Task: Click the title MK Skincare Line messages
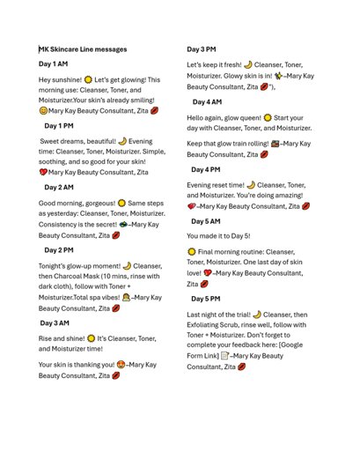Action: (83, 49)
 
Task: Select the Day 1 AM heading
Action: (54, 64)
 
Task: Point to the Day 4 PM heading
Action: (207, 169)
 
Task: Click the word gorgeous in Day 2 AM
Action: (97, 203)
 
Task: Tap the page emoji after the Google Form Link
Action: (226, 356)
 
